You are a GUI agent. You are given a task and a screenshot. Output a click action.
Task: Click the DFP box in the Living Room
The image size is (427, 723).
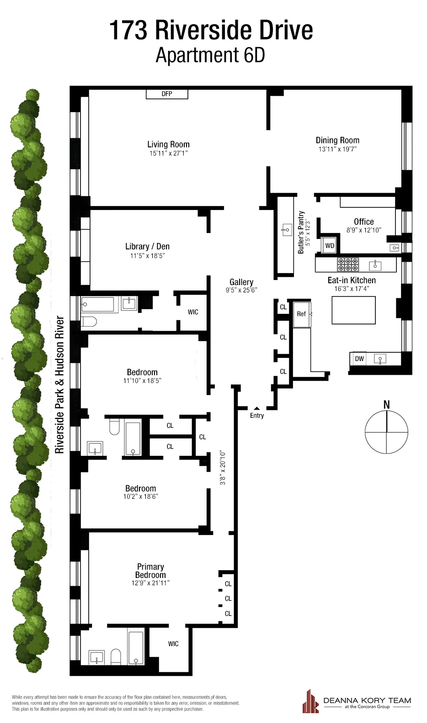[x=167, y=94]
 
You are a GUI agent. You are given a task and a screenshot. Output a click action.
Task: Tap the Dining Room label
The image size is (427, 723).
[x=337, y=140]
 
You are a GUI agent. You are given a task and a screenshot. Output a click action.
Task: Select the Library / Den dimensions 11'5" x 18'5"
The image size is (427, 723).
[x=147, y=256]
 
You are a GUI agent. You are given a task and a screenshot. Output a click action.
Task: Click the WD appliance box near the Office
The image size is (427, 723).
[x=330, y=246]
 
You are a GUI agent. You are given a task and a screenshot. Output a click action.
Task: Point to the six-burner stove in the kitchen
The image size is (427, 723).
[x=348, y=264]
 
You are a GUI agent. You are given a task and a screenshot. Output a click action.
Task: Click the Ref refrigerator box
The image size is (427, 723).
[x=301, y=314]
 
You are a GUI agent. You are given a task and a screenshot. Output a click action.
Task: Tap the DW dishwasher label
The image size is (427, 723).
[x=359, y=359]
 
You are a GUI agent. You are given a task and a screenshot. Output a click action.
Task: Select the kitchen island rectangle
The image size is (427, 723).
[x=353, y=310]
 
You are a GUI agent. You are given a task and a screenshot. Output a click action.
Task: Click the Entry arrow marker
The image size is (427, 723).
[x=257, y=408]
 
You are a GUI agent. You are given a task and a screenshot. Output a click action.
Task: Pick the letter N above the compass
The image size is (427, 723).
[x=386, y=405]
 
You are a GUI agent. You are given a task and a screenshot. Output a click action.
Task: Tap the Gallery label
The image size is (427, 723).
[x=241, y=282]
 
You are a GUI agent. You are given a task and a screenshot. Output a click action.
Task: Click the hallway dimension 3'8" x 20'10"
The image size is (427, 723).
[x=223, y=468]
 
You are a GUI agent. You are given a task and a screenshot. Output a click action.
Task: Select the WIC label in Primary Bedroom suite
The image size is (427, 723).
[x=173, y=644]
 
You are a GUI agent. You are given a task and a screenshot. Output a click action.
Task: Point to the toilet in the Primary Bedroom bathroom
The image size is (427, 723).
[x=116, y=657]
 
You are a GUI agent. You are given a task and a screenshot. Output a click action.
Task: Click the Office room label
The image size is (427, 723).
[x=363, y=221]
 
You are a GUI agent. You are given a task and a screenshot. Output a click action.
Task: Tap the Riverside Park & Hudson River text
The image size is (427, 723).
[x=59, y=384]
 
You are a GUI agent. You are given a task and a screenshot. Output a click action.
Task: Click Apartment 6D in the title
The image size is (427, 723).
[x=210, y=55]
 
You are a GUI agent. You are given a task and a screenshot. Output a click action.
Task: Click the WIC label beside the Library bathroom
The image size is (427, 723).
[x=193, y=312]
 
